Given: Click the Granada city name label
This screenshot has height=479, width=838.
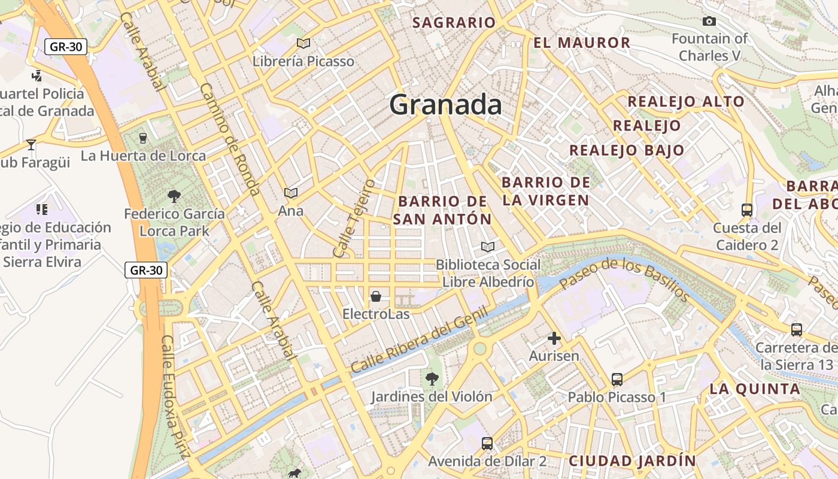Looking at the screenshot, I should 445,105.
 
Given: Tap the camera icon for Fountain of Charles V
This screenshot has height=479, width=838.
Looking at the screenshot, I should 709,22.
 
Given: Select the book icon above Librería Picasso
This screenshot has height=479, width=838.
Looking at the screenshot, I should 303,43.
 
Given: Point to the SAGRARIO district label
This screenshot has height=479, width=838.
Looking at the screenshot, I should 454,23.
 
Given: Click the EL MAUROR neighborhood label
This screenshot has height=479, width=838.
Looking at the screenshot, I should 582,43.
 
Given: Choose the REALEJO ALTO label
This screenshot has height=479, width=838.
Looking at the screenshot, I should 685,101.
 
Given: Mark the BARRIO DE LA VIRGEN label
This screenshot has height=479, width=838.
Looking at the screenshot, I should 545,191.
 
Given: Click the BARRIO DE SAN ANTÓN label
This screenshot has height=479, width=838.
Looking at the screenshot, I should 442,210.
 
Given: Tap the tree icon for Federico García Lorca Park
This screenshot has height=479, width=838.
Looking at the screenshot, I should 174,196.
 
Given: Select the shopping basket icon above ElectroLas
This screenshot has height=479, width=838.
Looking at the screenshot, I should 376,296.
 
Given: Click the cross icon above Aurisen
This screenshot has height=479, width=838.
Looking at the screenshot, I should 554,338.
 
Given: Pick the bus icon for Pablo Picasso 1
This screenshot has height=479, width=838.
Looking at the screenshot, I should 617,379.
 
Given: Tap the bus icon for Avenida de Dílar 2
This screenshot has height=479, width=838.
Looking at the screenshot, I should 487,444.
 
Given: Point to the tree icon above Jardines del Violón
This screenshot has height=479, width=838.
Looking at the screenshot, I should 432,378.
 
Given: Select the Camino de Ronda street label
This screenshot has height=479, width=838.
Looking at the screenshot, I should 229,139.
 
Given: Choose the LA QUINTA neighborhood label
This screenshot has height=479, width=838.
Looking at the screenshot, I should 755,389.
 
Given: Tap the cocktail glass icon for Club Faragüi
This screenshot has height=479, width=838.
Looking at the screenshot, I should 31,144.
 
